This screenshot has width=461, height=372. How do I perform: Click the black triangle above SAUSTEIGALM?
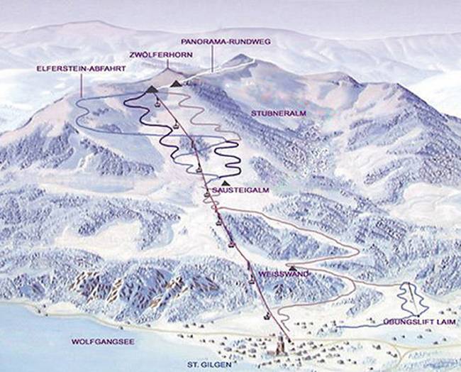point(225,183)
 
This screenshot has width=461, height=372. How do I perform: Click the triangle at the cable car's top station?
point(152,89)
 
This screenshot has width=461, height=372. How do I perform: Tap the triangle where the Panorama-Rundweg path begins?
point(175,84)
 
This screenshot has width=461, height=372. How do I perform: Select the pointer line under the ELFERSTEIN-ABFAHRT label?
point(82,85)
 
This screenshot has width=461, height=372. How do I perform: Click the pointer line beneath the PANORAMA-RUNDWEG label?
point(212,59)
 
